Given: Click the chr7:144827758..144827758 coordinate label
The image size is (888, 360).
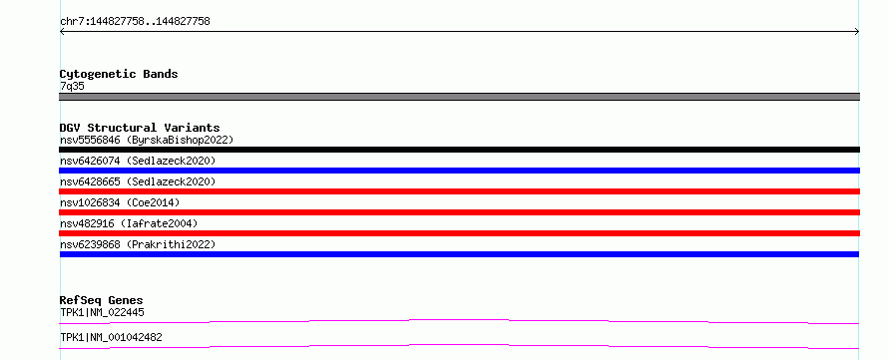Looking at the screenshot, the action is (x=135, y=22).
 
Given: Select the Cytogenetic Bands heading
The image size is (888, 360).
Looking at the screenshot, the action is (x=119, y=74).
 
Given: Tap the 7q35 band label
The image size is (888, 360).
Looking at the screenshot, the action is (x=72, y=87).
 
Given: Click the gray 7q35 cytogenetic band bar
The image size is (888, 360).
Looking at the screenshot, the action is (x=459, y=97).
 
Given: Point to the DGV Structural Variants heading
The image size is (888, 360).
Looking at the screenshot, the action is (x=140, y=128).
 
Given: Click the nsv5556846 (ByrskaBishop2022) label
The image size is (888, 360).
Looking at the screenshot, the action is (x=147, y=140).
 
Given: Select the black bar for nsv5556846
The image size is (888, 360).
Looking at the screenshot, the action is (x=459, y=150).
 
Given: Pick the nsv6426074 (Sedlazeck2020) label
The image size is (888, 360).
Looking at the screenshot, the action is (x=138, y=161).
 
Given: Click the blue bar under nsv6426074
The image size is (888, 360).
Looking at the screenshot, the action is (x=459, y=171).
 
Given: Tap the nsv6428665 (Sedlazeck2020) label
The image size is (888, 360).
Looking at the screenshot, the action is (x=138, y=181).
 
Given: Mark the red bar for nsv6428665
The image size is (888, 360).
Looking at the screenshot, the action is (x=459, y=191).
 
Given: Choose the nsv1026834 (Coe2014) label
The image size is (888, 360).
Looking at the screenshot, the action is (x=120, y=202).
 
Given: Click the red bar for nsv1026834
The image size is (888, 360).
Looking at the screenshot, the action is (x=459, y=212).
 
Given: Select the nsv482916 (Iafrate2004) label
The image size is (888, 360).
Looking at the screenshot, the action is (x=129, y=223).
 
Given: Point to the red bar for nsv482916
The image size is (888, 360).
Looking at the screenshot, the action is (x=459, y=233).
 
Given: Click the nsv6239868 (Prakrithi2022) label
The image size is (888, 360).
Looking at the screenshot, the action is (x=138, y=244).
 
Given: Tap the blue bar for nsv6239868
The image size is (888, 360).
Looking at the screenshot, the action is (x=459, y=254).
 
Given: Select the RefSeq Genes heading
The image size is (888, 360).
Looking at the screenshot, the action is (x=101, y=300).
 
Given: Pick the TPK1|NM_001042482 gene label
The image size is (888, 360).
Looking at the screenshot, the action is (x=111, y=337).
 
